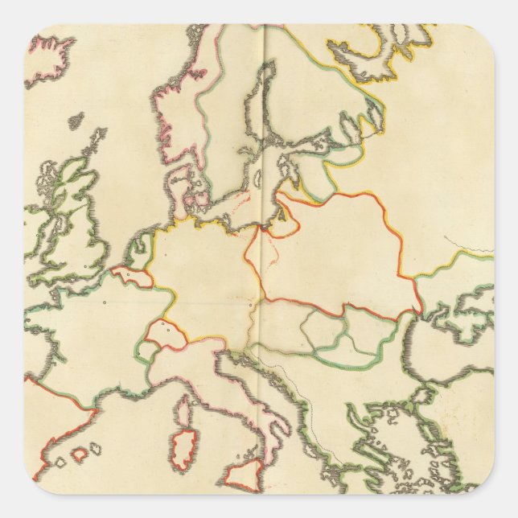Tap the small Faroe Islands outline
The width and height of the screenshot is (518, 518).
pyautogui.click(x=76, y=121)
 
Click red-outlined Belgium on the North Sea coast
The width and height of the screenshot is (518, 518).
pyautogui.click(x=133, y=276)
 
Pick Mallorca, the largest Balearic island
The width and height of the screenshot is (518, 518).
pyautogui.click(x=80, y=454)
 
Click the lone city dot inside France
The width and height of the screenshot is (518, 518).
pyautogui.click(x=105, y=302)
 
